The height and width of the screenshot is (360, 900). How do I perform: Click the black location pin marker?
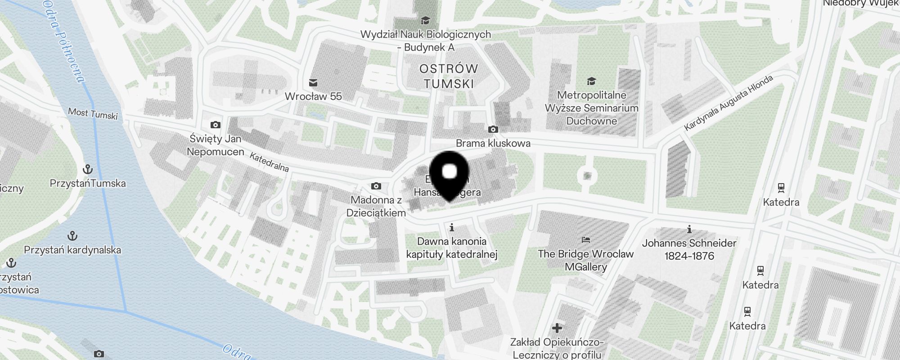450,175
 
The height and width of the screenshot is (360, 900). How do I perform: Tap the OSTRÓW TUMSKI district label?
449,76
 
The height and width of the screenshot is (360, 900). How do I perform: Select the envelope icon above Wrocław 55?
313,83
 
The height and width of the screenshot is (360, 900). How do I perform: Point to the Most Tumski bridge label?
93,113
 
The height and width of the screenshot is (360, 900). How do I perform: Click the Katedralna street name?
269,162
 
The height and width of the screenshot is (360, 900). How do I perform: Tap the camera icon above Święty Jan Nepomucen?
216,125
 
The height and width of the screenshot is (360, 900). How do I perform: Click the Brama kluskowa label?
493,143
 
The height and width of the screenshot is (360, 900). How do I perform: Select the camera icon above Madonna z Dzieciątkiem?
376,186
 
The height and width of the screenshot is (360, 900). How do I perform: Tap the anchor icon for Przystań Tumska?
88,170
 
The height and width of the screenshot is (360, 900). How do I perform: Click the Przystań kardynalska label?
72,250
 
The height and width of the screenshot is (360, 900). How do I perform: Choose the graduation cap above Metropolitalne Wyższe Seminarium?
591,81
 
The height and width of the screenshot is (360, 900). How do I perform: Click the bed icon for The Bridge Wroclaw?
585,239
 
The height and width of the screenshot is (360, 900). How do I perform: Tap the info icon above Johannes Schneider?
689,229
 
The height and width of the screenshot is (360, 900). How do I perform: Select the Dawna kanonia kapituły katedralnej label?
452,247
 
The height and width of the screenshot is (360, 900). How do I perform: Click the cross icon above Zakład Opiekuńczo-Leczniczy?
557,328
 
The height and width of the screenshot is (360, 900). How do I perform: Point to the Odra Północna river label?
63,40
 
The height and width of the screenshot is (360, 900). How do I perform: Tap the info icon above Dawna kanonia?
452,227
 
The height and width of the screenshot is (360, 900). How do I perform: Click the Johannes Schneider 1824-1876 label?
689,249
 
